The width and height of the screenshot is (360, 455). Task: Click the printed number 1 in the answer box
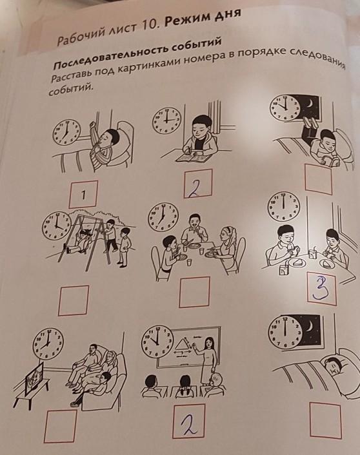[83, 195]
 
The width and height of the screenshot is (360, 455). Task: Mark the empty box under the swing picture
[73, 300]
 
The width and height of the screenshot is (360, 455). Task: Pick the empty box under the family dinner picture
[194, 292]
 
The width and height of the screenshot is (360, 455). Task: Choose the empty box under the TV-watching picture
[61, 426]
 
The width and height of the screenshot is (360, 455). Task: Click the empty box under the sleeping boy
[325, 420]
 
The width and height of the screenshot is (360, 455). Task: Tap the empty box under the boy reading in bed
[319, 179]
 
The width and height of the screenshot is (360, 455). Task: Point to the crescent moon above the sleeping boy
[310, 324]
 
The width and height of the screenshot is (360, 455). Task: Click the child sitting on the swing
[79, 239]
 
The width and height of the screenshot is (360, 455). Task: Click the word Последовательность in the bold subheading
[110, 57]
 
